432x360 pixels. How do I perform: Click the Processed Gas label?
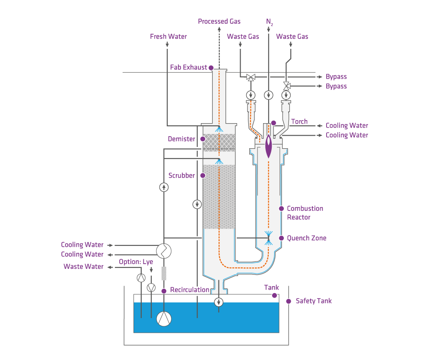click(219, 21)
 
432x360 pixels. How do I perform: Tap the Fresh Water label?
click(168, 36)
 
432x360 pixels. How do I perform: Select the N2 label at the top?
click(269, 21)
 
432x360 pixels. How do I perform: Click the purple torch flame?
click(269, 146)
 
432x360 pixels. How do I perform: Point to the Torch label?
click(299, 121)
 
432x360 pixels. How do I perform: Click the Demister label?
click(181, 139)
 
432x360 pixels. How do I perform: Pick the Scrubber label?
click(181, 175)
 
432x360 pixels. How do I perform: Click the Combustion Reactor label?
click(305, 213)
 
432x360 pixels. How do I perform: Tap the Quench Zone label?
click(306, 238)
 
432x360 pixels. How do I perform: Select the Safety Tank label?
click(314, 301)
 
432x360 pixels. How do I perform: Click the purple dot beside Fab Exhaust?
click(211, 68)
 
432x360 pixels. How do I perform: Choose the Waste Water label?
click(83, 266)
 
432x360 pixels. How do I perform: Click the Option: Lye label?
click(136, 262)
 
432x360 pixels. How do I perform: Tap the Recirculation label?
click(190, 290)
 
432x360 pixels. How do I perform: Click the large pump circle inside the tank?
click(164, 319)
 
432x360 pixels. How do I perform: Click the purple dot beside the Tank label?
click(274, 295)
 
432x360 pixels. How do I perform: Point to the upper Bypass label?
click(336, 76)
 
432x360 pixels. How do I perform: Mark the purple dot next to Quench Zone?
click(282, 238)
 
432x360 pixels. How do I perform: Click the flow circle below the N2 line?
click(269, 95)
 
